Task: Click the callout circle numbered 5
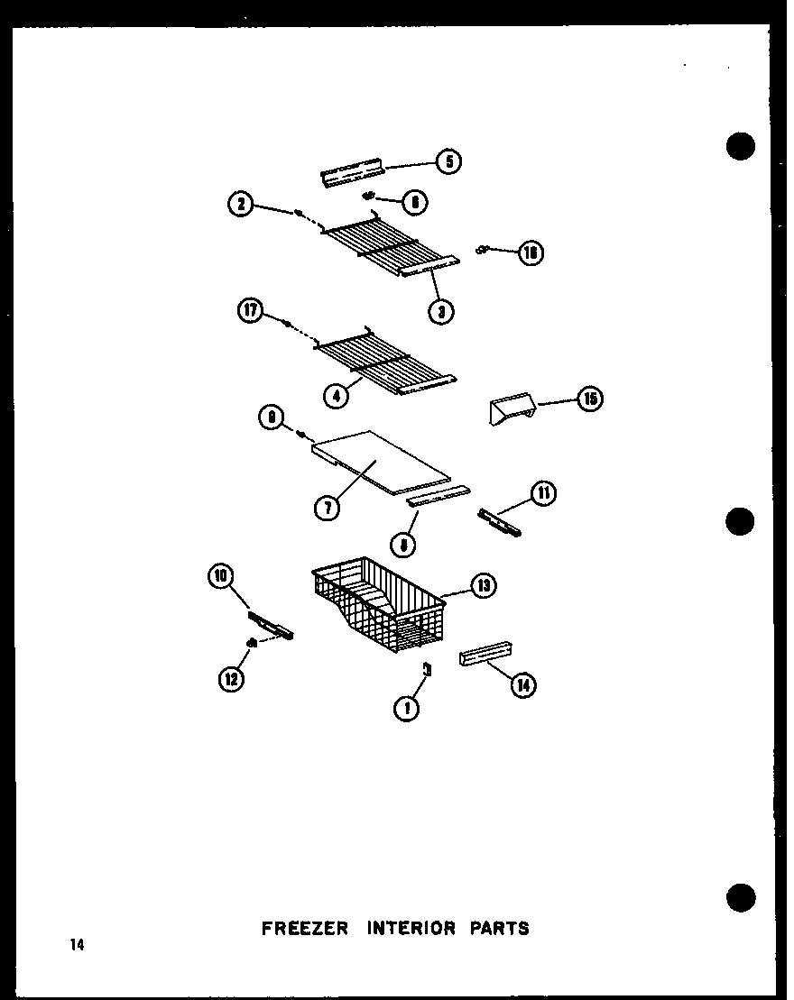coord(448,161)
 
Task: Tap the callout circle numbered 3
coord(441,312)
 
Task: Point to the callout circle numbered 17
coord(250,312)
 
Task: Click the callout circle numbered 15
coord(590,399)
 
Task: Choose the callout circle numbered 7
coord(327,509)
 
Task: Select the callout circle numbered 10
coord(220,575)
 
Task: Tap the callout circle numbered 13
coord(484,586)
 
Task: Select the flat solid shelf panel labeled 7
coord(379,460)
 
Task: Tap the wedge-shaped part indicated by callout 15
coord(511,410)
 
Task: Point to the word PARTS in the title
coord(499,928)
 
